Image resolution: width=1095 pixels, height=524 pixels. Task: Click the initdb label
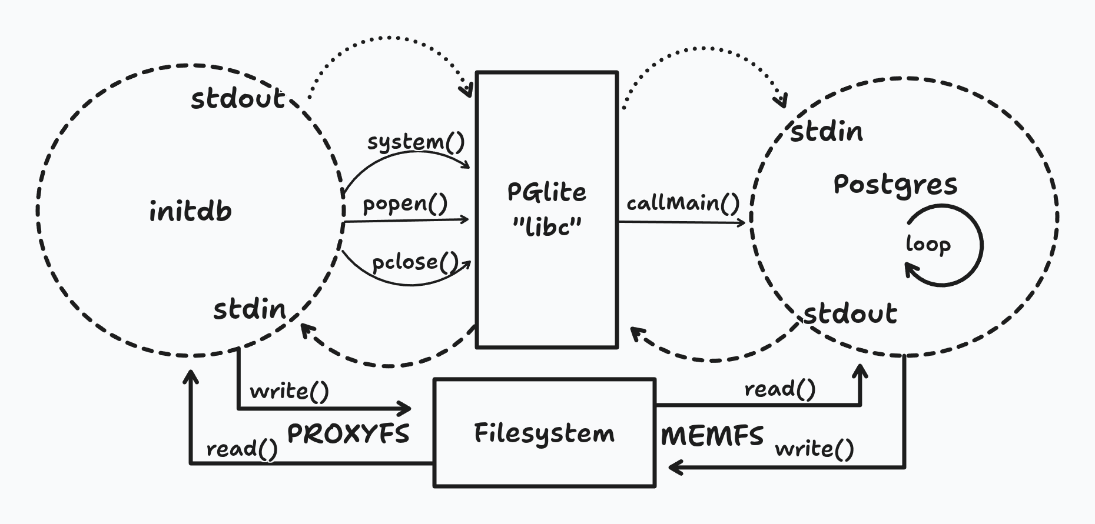190,211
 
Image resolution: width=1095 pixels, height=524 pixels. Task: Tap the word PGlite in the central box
546,192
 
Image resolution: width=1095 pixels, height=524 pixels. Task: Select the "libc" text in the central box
547,226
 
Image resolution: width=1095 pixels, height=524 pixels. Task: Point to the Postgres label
895,185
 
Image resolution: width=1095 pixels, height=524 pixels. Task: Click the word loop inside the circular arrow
928,244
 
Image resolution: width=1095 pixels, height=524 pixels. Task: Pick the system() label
416,142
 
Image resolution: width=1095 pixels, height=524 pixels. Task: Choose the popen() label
405,203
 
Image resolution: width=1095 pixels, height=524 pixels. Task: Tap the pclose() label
415,262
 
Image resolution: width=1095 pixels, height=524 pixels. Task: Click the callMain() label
683,203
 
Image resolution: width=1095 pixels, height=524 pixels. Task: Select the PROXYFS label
348,434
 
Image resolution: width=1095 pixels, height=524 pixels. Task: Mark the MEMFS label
712,436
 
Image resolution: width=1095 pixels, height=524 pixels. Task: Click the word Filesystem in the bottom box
544,433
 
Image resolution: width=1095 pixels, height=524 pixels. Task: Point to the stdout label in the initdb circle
238,98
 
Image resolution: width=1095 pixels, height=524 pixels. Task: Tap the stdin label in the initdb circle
249,309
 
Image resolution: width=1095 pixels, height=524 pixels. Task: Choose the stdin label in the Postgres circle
826,132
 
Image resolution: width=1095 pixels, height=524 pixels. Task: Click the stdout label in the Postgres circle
850,313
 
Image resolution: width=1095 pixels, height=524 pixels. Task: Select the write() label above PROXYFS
289,391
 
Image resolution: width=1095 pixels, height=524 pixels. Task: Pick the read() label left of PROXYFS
242,449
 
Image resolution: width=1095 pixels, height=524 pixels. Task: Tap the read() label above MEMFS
780,389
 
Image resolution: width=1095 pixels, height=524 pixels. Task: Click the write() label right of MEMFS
814,449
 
